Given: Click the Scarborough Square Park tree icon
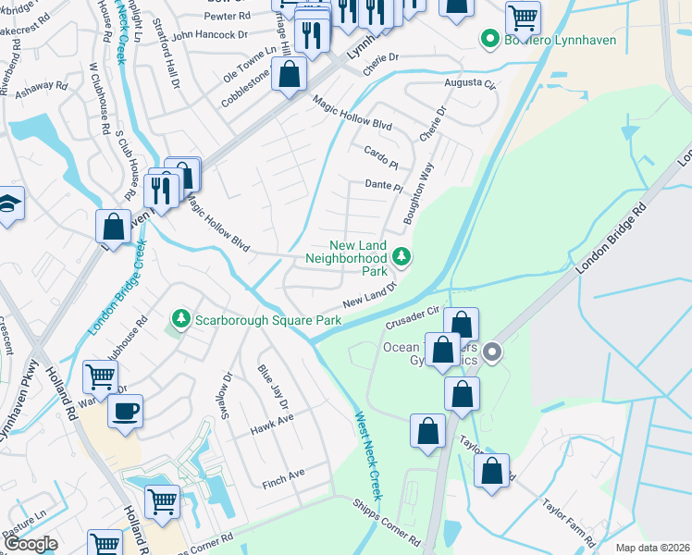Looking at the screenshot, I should click(x=181, y=319).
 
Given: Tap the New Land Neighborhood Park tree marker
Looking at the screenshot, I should click(x=402, y=256).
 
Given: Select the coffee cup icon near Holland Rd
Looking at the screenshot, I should click(x=125, y=410).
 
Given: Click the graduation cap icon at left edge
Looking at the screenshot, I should click(x=7, y=203).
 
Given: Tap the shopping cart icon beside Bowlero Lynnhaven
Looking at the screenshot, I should click(x=524, y=17).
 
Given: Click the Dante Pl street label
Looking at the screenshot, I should click(x=383, y=186).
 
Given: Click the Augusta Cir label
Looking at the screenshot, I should click(x=472, y=83).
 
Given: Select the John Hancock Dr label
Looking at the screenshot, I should click(x=210, y=34).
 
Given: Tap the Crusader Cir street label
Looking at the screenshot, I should click(x=411, y=317).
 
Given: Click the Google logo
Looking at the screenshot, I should click(x=31, y=544).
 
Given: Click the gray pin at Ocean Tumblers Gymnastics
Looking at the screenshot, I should click(x=492, y=351).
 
